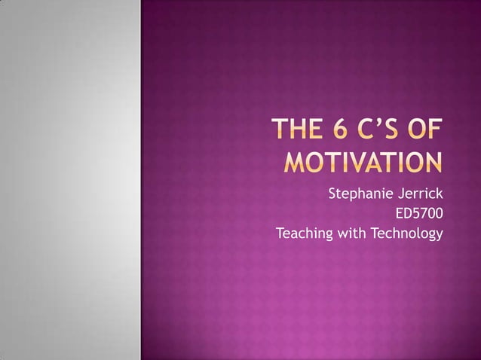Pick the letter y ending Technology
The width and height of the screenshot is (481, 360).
(439, 236)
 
